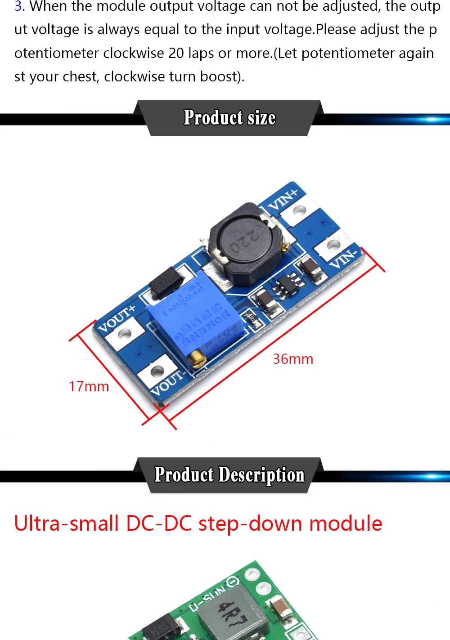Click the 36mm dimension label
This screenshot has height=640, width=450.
(293, 359)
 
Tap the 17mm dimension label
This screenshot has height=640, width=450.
(89, 386)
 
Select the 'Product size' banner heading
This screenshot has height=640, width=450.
(229, 118)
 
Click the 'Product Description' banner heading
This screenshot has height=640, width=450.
(229, 475)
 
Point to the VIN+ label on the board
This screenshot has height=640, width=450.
(283, 200)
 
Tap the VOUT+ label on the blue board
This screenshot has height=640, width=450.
(116, 318)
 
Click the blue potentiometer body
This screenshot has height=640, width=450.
(198, 319)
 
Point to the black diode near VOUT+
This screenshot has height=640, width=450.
(166, 282)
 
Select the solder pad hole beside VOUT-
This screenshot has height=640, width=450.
(157, 371)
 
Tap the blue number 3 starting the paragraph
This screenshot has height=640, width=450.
(19, 6)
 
